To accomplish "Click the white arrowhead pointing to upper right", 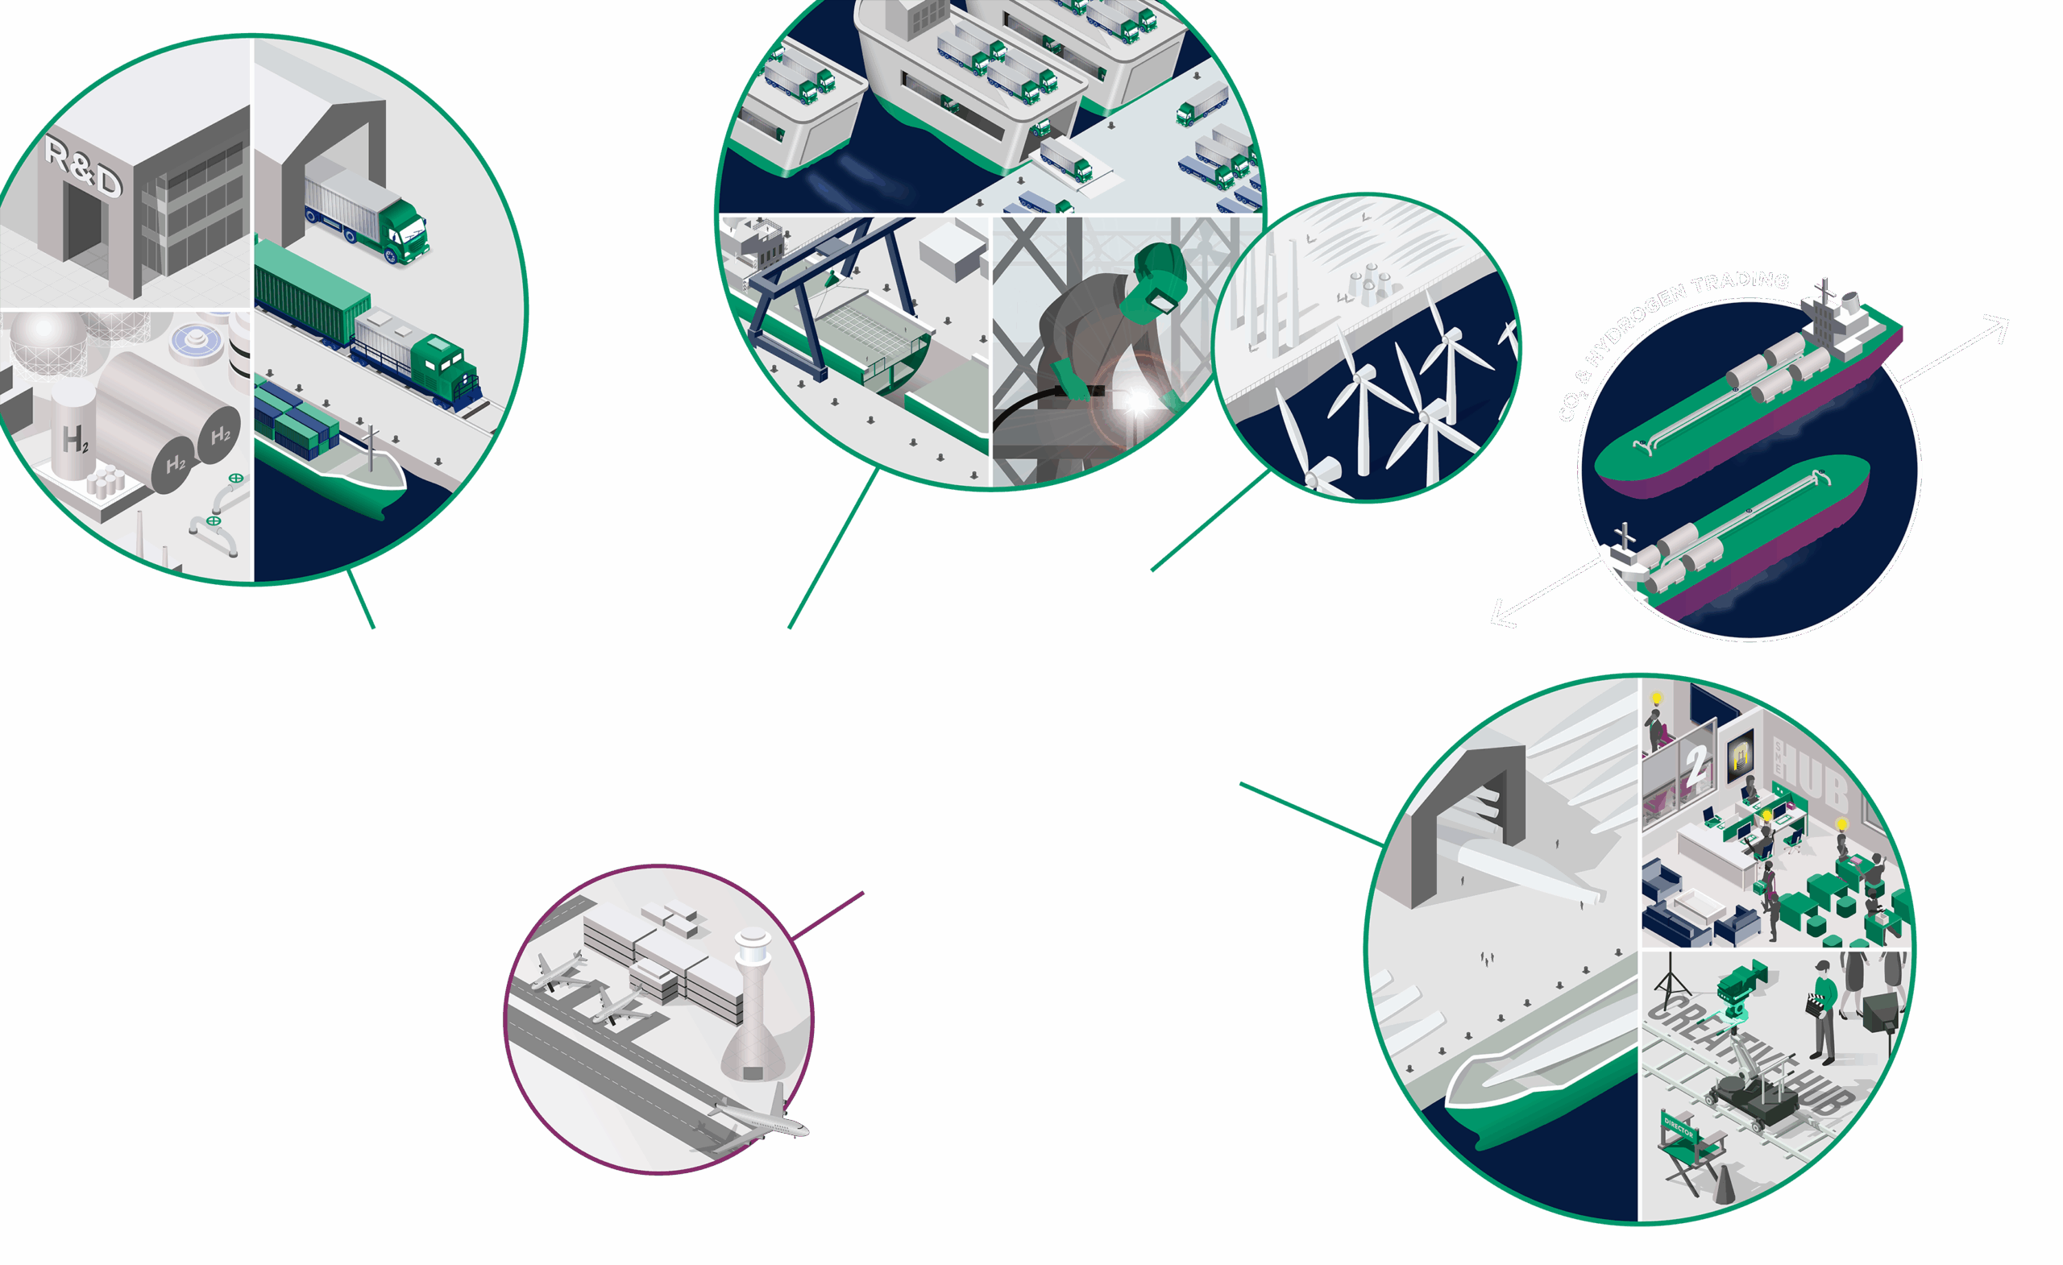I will pyautogui.click(x=1999, y=326).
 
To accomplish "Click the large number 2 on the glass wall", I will pyautogui.click(x=1696, y=764).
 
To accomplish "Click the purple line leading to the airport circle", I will pyautogui.click(x=829, y=915).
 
